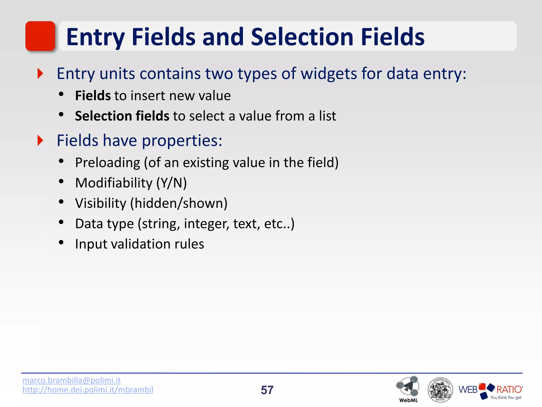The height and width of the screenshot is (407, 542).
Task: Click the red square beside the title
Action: tap(40, 36)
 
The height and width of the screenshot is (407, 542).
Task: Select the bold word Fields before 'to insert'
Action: tap(93, 96)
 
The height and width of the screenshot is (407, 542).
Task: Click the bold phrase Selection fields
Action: tap(122, 116)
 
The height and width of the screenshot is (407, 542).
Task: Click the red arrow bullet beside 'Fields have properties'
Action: tap(40, 140)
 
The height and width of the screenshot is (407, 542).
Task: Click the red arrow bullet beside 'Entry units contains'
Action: tap(40, 73)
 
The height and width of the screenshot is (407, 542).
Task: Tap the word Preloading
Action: tap(107, 163)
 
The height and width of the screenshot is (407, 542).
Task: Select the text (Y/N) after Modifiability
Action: tap(171, 183)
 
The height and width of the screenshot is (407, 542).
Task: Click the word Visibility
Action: tap(101, 203)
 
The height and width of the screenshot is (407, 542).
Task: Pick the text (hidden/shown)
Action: tap(179, 203)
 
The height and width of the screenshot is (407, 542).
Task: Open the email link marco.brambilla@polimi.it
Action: tap(71, 380)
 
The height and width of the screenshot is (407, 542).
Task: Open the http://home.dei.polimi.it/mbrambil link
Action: tap(88, 390)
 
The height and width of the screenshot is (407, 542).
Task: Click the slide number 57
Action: tap(267, 390)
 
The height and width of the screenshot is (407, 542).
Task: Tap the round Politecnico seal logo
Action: tap(440, 390)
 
